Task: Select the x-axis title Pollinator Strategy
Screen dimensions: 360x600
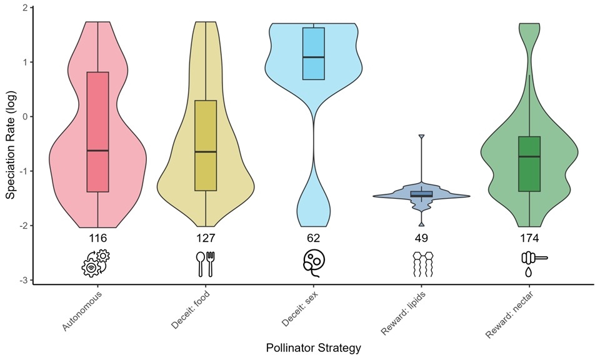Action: pyautogui.click(x=313, y=347)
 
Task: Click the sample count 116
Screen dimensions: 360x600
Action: pyautogui.click(x=98, y=238)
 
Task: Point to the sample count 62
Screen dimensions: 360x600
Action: pyautogui.click(x=314, y=238)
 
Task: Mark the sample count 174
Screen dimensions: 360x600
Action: pyautogui.click(x=529, y=238)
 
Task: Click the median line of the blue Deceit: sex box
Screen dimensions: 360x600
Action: pyautogui.click(x=314, y=57)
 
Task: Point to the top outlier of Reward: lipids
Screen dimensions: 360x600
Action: pyautogui.click(x=421, y=136)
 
